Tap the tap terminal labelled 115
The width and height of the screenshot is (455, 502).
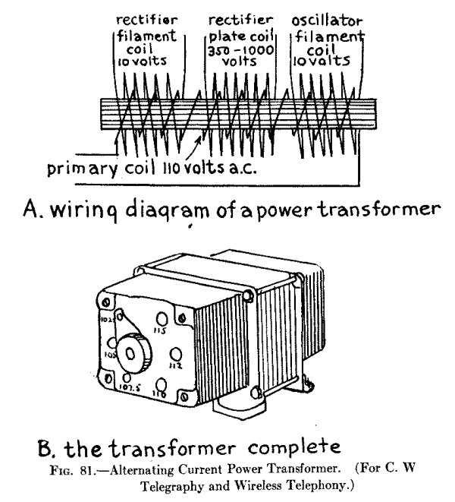[x=162, y=320]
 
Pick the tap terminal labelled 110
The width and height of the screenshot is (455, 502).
[x=161, y=385]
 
